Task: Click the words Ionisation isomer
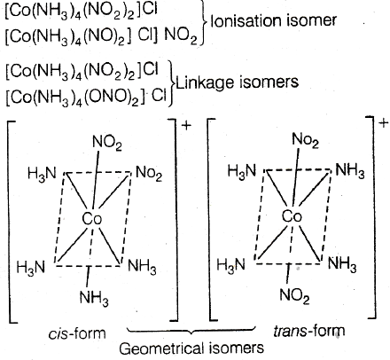tap(273, 21)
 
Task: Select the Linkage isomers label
tap(237, 82)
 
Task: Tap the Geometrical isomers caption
tap(191, 348)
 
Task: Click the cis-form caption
tap(77, 333)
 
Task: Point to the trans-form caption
tap(309, 331)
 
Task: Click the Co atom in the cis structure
tap(92, 219)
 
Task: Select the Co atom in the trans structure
tap(292, 216)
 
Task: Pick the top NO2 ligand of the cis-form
tap(107, 144)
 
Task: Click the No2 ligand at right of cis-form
tap(149, 173)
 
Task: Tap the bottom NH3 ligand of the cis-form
tap(94, 298)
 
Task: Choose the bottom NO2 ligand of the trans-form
tap(294, 296)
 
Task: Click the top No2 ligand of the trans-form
tap(305, 140)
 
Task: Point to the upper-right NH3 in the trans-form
tap(350, 171)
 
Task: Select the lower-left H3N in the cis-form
tap(31, 268)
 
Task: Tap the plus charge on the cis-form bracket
tap(187, 126)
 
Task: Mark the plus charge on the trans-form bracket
tap(383, 122)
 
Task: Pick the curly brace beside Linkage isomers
tap(172, 83)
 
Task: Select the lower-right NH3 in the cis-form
tap(142, 267)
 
